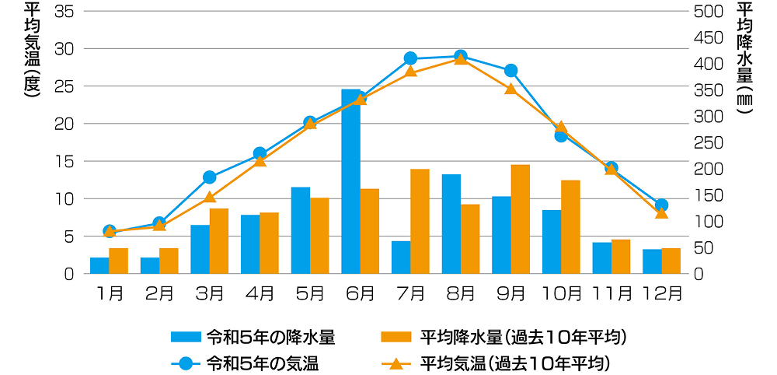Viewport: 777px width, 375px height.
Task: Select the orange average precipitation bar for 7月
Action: (420, 221)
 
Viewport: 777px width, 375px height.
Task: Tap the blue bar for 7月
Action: (401, 257)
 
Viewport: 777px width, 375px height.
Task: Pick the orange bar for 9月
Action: (520, 219)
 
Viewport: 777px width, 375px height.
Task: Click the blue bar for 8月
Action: (451, 223)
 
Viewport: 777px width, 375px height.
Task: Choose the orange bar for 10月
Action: (570, 226)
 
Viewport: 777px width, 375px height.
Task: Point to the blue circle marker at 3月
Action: (209, 177)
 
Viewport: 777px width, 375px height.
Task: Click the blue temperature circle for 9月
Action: (510, 71)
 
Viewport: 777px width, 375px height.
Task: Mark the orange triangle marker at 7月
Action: (410, 72)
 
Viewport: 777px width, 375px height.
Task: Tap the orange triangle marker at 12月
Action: (661, 212)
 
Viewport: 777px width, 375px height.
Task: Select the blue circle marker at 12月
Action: (661, 205)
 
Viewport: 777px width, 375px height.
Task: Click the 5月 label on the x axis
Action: (310, 294)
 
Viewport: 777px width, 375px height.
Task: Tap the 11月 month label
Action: (611, 294)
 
